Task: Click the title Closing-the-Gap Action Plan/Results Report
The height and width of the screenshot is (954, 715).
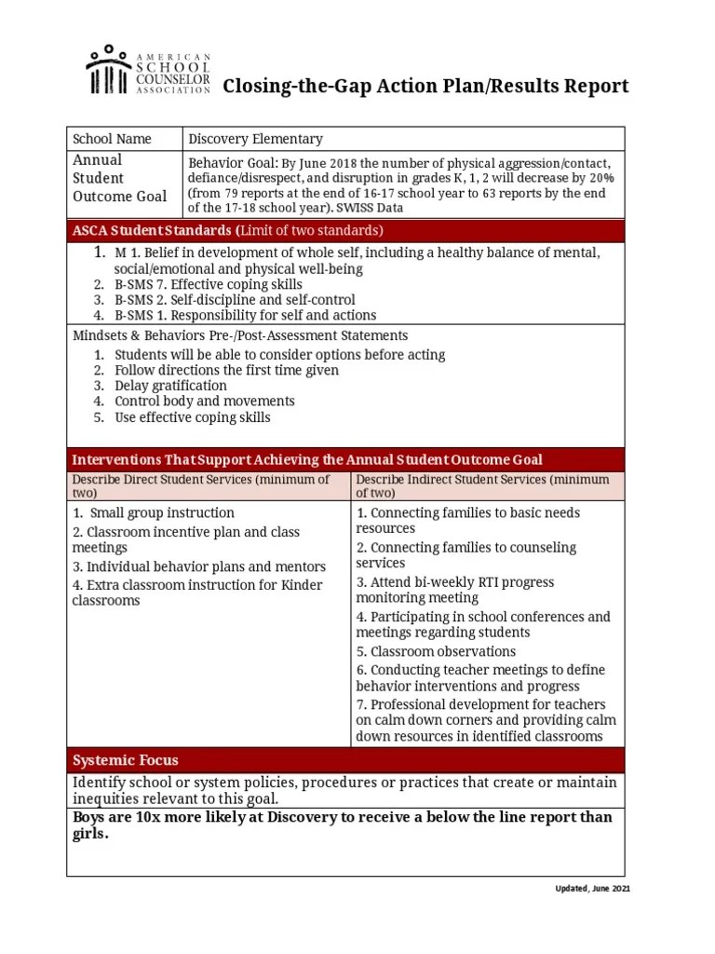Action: pos(425,87)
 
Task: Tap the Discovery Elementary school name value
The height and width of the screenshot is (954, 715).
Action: pos(255,139)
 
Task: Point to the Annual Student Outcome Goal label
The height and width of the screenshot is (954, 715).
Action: pos(119,178)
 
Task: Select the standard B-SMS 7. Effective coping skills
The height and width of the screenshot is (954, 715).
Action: pos(208,284)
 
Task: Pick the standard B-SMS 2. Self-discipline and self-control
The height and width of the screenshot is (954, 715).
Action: pos(234,300)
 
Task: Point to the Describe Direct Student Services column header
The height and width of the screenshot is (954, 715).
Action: pos(200,485)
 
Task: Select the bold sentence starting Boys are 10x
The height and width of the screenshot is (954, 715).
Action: pos(342,825)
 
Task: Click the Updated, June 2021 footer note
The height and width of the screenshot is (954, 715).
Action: pos(592,890)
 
